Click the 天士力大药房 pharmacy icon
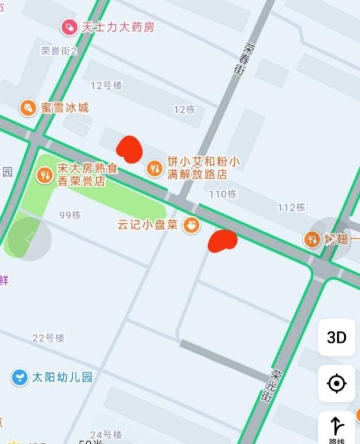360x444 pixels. coord(69,28)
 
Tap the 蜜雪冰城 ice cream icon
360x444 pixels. coord(28,108)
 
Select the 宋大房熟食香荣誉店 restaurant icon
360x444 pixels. coord(44,175)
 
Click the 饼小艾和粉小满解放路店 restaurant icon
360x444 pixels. coord(154,168)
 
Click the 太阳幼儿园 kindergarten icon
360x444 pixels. coord(19,377)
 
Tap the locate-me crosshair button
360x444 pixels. coord(337,383)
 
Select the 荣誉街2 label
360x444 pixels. coord(59,51)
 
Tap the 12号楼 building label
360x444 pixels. coord(106,85)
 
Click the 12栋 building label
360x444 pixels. coord(184,110)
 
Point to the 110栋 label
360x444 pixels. coord(223,194)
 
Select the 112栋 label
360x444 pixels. coord(291,208)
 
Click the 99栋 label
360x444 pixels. coord(70,215)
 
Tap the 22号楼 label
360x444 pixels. coord(49,338)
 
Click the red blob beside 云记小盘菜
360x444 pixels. coord(222,241)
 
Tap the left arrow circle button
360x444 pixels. coord(30,239)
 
